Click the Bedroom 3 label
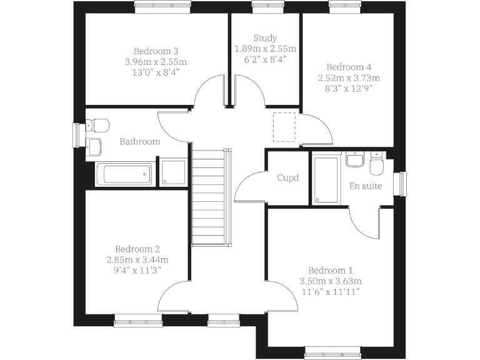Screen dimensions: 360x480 point(156,51)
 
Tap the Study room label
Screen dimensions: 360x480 point(265,38)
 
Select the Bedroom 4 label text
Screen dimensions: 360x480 point(349,67)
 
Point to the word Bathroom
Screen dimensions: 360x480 point(139,142)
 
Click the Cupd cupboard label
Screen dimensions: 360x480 point(288,178)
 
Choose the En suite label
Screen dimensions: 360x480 point(365,186)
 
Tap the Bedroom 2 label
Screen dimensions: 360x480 point(137,248)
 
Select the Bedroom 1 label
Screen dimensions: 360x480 point(331,270)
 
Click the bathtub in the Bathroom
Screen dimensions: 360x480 point(124,174)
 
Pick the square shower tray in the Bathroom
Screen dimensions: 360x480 point(173,173)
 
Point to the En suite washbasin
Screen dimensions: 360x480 point(354,161)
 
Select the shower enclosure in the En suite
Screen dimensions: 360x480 point(325,180)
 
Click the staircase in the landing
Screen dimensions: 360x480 point(208,197)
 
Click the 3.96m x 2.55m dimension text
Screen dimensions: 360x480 point(156,62)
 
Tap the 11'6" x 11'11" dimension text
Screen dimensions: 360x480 point(331,292)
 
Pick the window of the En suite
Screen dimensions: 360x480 point(403,184)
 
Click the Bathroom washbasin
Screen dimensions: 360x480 point(95,146)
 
